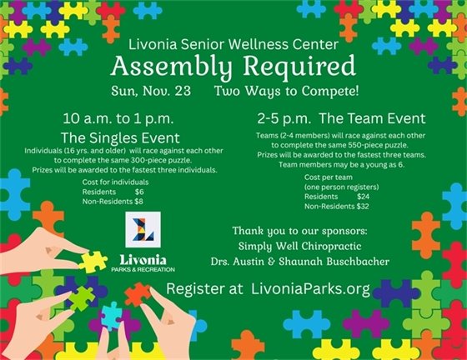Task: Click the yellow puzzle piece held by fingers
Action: [x=93, y=261]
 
